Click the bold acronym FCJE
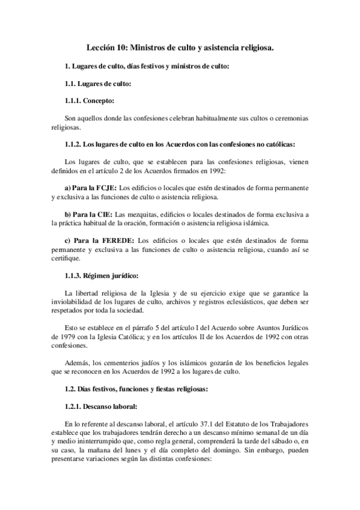(105, 188)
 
